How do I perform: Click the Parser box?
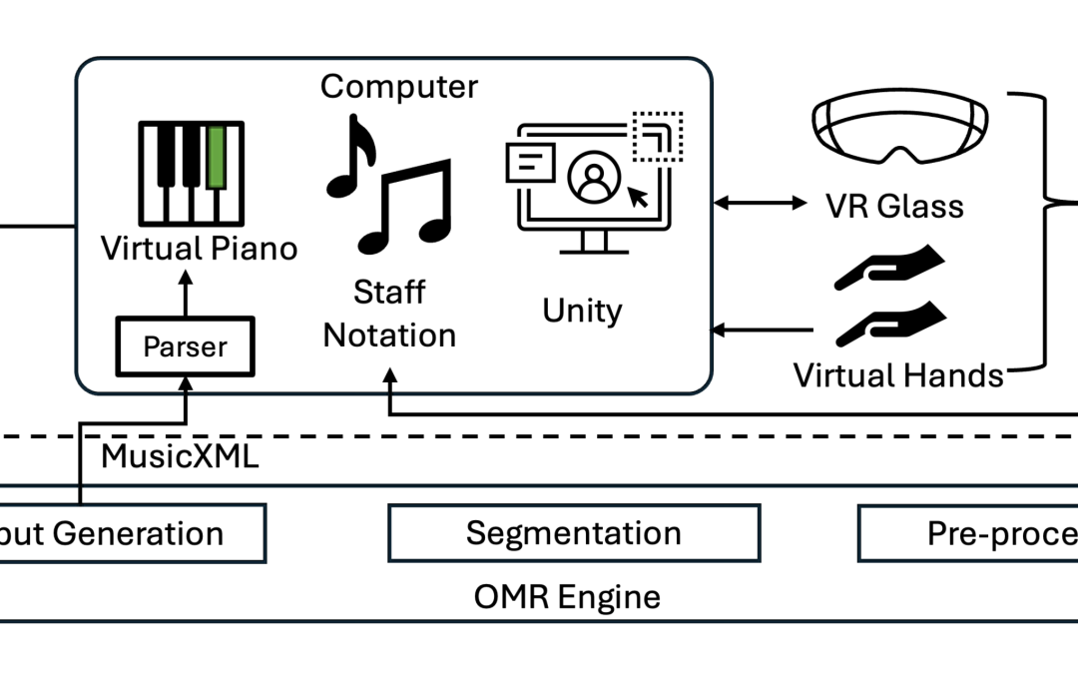click(x=185, y=346)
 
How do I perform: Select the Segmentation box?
click(x=573, y=532)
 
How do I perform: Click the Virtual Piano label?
click(x=200, y=247)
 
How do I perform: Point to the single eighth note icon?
click(x=352, y=155)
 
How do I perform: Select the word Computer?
click(x=399, y=87)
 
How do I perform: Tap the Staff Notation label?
click(x=389, y=314)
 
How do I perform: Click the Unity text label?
click(x=582, y=311)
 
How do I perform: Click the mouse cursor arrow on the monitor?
click(x=636, y=196)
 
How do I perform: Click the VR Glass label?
click(x=894, y=207)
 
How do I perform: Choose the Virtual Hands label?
click(x=897, y=375)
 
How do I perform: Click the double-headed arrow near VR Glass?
click(x=761, y=204)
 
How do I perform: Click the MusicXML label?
click(x=180, y=457)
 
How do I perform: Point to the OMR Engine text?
click(x=566, y=597)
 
